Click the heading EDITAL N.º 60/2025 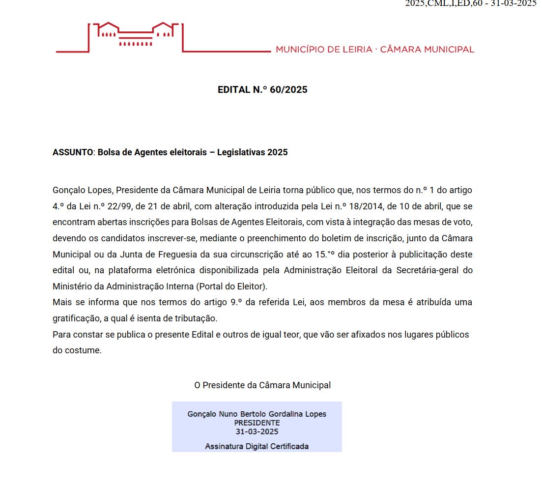click(x=262, y=90)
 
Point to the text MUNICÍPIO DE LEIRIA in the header click(x=324, y=49)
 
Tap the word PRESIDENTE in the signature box click(x=257, y=423)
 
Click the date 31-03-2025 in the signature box click(x=257, y=431)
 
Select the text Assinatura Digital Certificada click(x=257, y=446)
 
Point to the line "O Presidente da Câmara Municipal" click(x=262, y=385)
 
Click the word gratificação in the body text click(x=76, y=318)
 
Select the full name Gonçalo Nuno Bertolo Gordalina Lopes click(x=257, y=414)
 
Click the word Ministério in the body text click(x=71, y=286)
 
